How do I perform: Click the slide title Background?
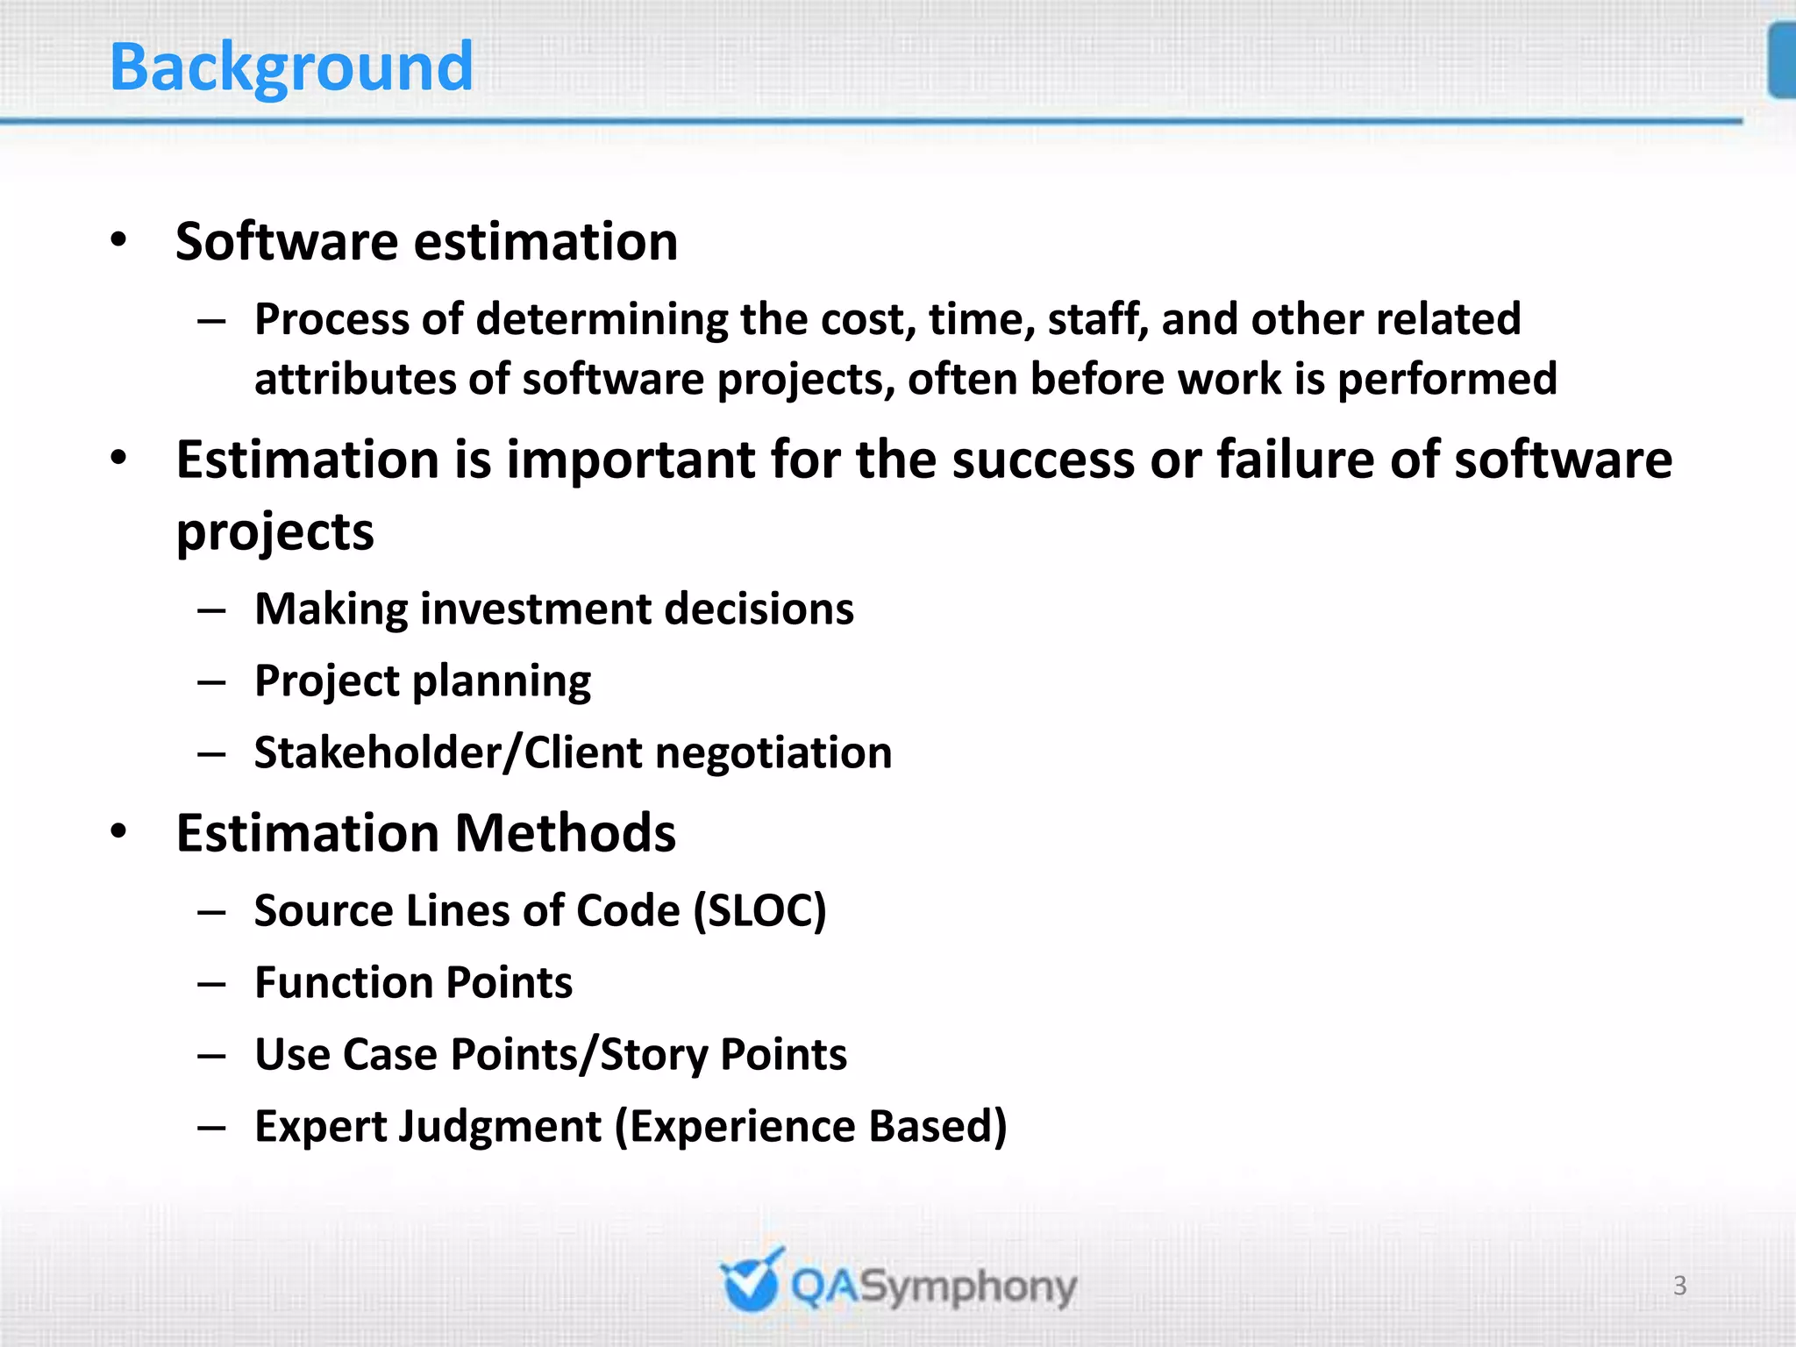click(291, 68)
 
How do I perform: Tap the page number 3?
click(1679, 1286)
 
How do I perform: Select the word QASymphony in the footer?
click(933, 1287)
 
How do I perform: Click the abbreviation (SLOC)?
click(759, 910)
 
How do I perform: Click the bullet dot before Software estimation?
click(119, 240)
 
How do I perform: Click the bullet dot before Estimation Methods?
click(119, 832)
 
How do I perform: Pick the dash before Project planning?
click(212, 681)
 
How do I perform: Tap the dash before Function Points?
click(212, 984)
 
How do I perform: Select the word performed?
click(1447, 379)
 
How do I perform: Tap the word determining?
click(602, 319)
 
